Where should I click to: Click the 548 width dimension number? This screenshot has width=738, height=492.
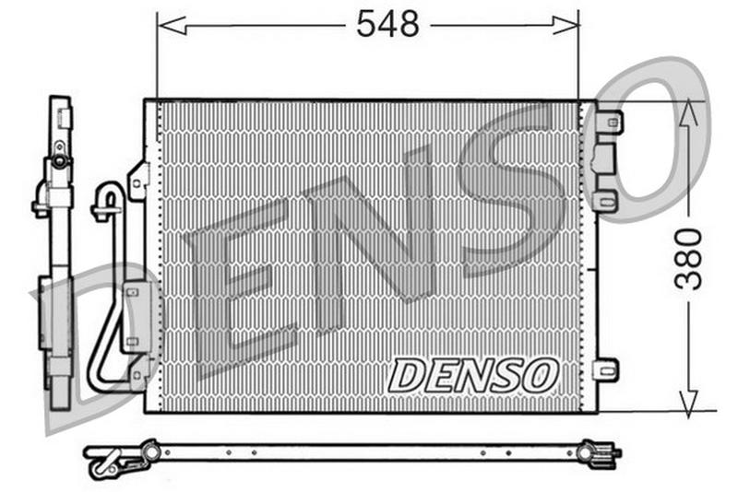tap(387, 25)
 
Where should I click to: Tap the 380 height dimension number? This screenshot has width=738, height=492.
tap(689, 259)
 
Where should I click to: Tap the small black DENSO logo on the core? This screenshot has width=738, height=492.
tap(473, 375)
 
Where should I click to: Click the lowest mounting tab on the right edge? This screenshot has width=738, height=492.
tap(604, 369)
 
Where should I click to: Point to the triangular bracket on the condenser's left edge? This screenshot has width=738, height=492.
tap(139, 180)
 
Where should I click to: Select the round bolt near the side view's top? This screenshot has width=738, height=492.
tap(59, 161)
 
